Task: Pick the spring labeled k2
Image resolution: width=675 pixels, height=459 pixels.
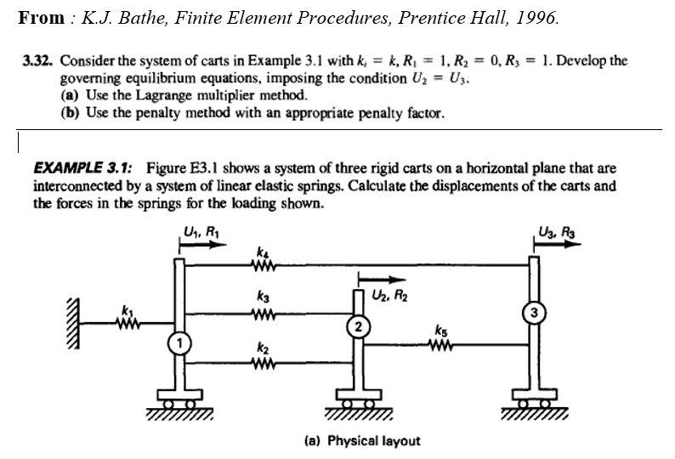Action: [x=262, y=363]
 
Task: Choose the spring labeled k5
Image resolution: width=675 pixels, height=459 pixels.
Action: [x=440, y=345]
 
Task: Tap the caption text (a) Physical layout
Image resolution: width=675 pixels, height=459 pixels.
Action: [x=361, y=440]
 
